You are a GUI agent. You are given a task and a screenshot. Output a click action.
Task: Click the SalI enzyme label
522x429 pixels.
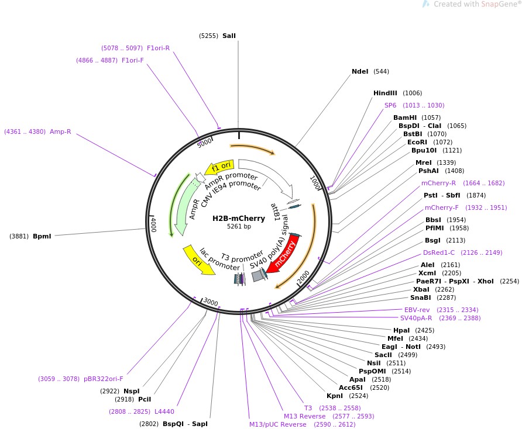(229, 36)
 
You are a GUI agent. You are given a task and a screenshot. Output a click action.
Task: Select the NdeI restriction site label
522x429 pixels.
(360, 71)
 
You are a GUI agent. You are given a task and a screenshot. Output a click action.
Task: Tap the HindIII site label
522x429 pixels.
(385, 93)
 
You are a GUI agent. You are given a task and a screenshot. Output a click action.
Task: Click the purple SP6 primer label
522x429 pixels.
(390, 105)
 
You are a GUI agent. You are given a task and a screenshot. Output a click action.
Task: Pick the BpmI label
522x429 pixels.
(42, 236)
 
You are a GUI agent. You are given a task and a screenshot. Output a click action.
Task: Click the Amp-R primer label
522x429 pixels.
(60, 132)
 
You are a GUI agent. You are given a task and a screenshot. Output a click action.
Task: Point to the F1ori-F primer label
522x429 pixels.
(132, 60)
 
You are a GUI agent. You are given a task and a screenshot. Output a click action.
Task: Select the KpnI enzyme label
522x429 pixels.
(335, 396)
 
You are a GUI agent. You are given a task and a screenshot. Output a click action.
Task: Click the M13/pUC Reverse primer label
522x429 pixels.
(277, 424)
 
